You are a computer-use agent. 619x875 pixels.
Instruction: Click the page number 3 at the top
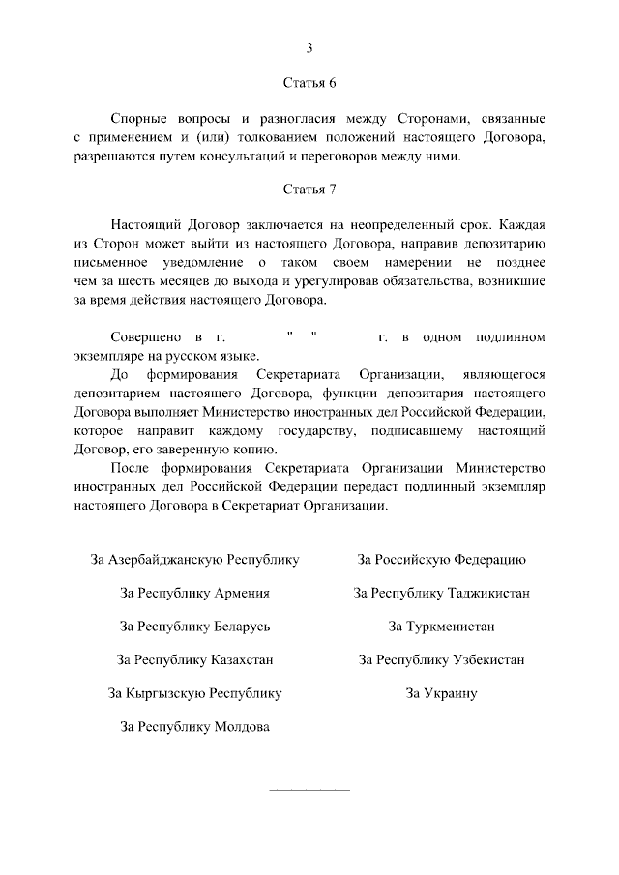pos(309,47)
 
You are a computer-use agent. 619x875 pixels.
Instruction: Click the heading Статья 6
pos(309,83)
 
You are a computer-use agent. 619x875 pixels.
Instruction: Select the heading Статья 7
pos(309,189)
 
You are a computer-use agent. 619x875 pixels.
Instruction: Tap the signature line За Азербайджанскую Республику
pos(194,559)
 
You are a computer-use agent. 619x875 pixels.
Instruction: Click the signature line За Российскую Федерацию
pos(441,559)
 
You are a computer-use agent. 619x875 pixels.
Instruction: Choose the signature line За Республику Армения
pos(194,593)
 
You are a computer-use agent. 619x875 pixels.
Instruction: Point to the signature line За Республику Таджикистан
pos(441,593)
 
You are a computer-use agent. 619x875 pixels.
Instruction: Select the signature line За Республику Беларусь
pos(194,627)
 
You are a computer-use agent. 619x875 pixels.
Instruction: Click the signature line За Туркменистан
pos(441,627)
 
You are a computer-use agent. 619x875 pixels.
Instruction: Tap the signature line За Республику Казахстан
pos(194,660)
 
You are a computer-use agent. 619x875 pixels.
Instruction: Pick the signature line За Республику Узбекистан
pos(441,660)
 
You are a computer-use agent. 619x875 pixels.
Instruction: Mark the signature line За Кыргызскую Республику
pos(194,693)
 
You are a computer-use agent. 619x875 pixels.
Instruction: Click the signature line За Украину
pos(441,693)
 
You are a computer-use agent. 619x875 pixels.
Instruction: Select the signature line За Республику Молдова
pos(194,726)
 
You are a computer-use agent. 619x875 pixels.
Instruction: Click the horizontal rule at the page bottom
pos(309,790)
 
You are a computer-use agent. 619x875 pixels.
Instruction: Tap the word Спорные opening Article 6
pos(141,119)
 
